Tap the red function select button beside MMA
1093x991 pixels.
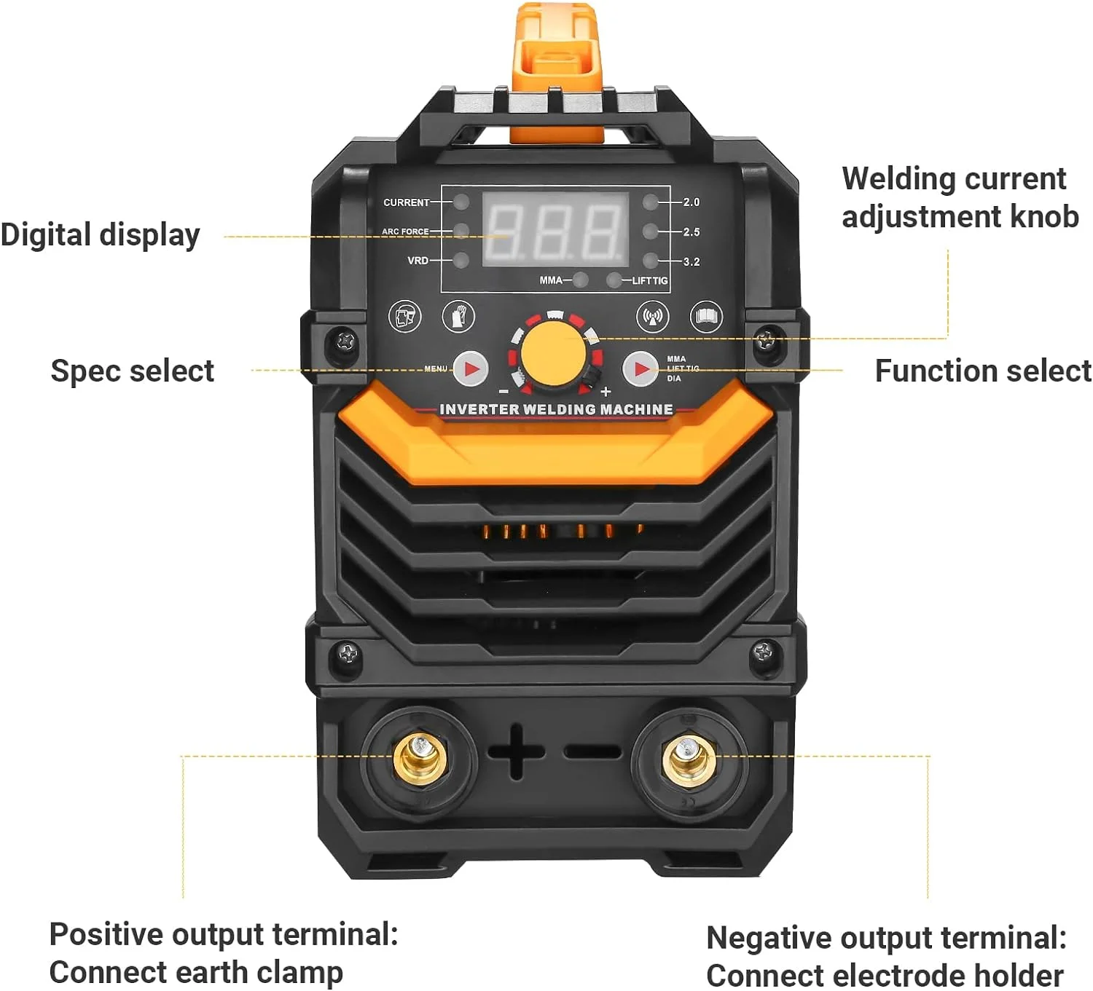(640, 369)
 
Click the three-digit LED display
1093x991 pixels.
(555, 229)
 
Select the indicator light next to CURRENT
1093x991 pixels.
(461, 202)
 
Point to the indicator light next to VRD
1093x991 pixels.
(461, 260)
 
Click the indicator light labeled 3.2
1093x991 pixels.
(650, 261)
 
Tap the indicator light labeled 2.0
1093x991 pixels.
(650, 202)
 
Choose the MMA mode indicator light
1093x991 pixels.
(581, 280)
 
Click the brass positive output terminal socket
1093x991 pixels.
(420, 757)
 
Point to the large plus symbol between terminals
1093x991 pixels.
(516, 751)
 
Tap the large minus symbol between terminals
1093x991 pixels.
(592, 751)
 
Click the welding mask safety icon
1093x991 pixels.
(404, 317)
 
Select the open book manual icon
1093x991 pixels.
(706, 316)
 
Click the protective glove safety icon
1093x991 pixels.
(458, 317)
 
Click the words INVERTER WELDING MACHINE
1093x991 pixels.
(556, 409)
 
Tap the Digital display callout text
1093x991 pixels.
(100, 235)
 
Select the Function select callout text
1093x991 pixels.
(982, 371)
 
